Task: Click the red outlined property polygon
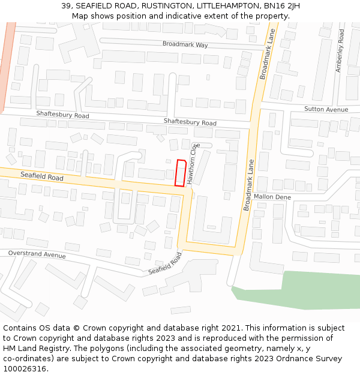pos(179,172)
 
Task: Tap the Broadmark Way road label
pos(185,44)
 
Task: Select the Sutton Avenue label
pos(326,109)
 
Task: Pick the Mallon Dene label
pos(272,197)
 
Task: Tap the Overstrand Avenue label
pos(37,254)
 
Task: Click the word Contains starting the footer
pos(21,328)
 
